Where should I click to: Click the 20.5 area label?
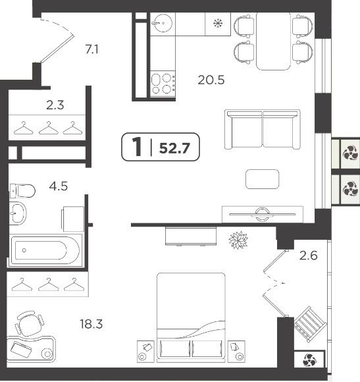click(211, 80)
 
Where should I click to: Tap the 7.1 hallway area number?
click(92, 49)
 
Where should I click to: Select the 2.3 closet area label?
click(55, 105)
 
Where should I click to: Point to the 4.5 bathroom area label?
click(59, 186)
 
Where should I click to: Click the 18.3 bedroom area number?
click(91, 324)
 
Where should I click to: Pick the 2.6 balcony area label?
click(309, 256)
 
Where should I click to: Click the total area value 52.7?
click(174, 148)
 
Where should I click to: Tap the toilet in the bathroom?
click(22, 191)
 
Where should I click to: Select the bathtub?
click(45, 250)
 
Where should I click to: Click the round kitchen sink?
click(162, 24)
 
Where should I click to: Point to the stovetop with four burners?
click(163, 84)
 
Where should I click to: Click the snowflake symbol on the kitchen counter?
click(218, 24)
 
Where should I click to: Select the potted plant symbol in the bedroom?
click(238, 240)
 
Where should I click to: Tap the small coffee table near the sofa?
click(262, 179)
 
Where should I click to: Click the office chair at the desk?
click(30, 323)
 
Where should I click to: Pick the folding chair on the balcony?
click(311, 324)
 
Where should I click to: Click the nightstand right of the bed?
click(236, 352)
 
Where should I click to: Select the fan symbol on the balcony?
click(309, 360)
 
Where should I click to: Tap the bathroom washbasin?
click(18, 213)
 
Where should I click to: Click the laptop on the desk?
click(21, 350)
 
